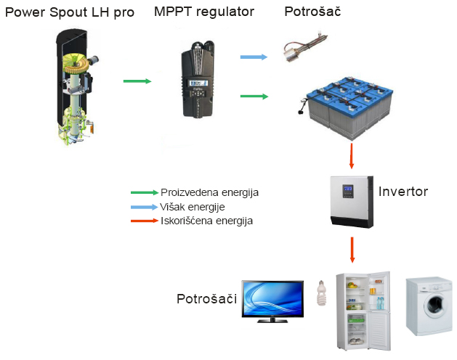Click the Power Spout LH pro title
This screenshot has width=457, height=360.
68,12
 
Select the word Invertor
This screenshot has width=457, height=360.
403,192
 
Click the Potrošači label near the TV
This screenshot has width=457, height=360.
207,299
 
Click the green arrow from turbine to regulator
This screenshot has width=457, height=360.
137,81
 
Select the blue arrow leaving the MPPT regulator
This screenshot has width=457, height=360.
254,56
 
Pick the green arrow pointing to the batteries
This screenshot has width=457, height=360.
254,96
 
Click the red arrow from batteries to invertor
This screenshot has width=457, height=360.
352,155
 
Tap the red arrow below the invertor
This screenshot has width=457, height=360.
352,249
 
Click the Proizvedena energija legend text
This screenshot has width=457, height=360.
209,192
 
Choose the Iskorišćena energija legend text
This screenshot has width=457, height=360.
206,220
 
